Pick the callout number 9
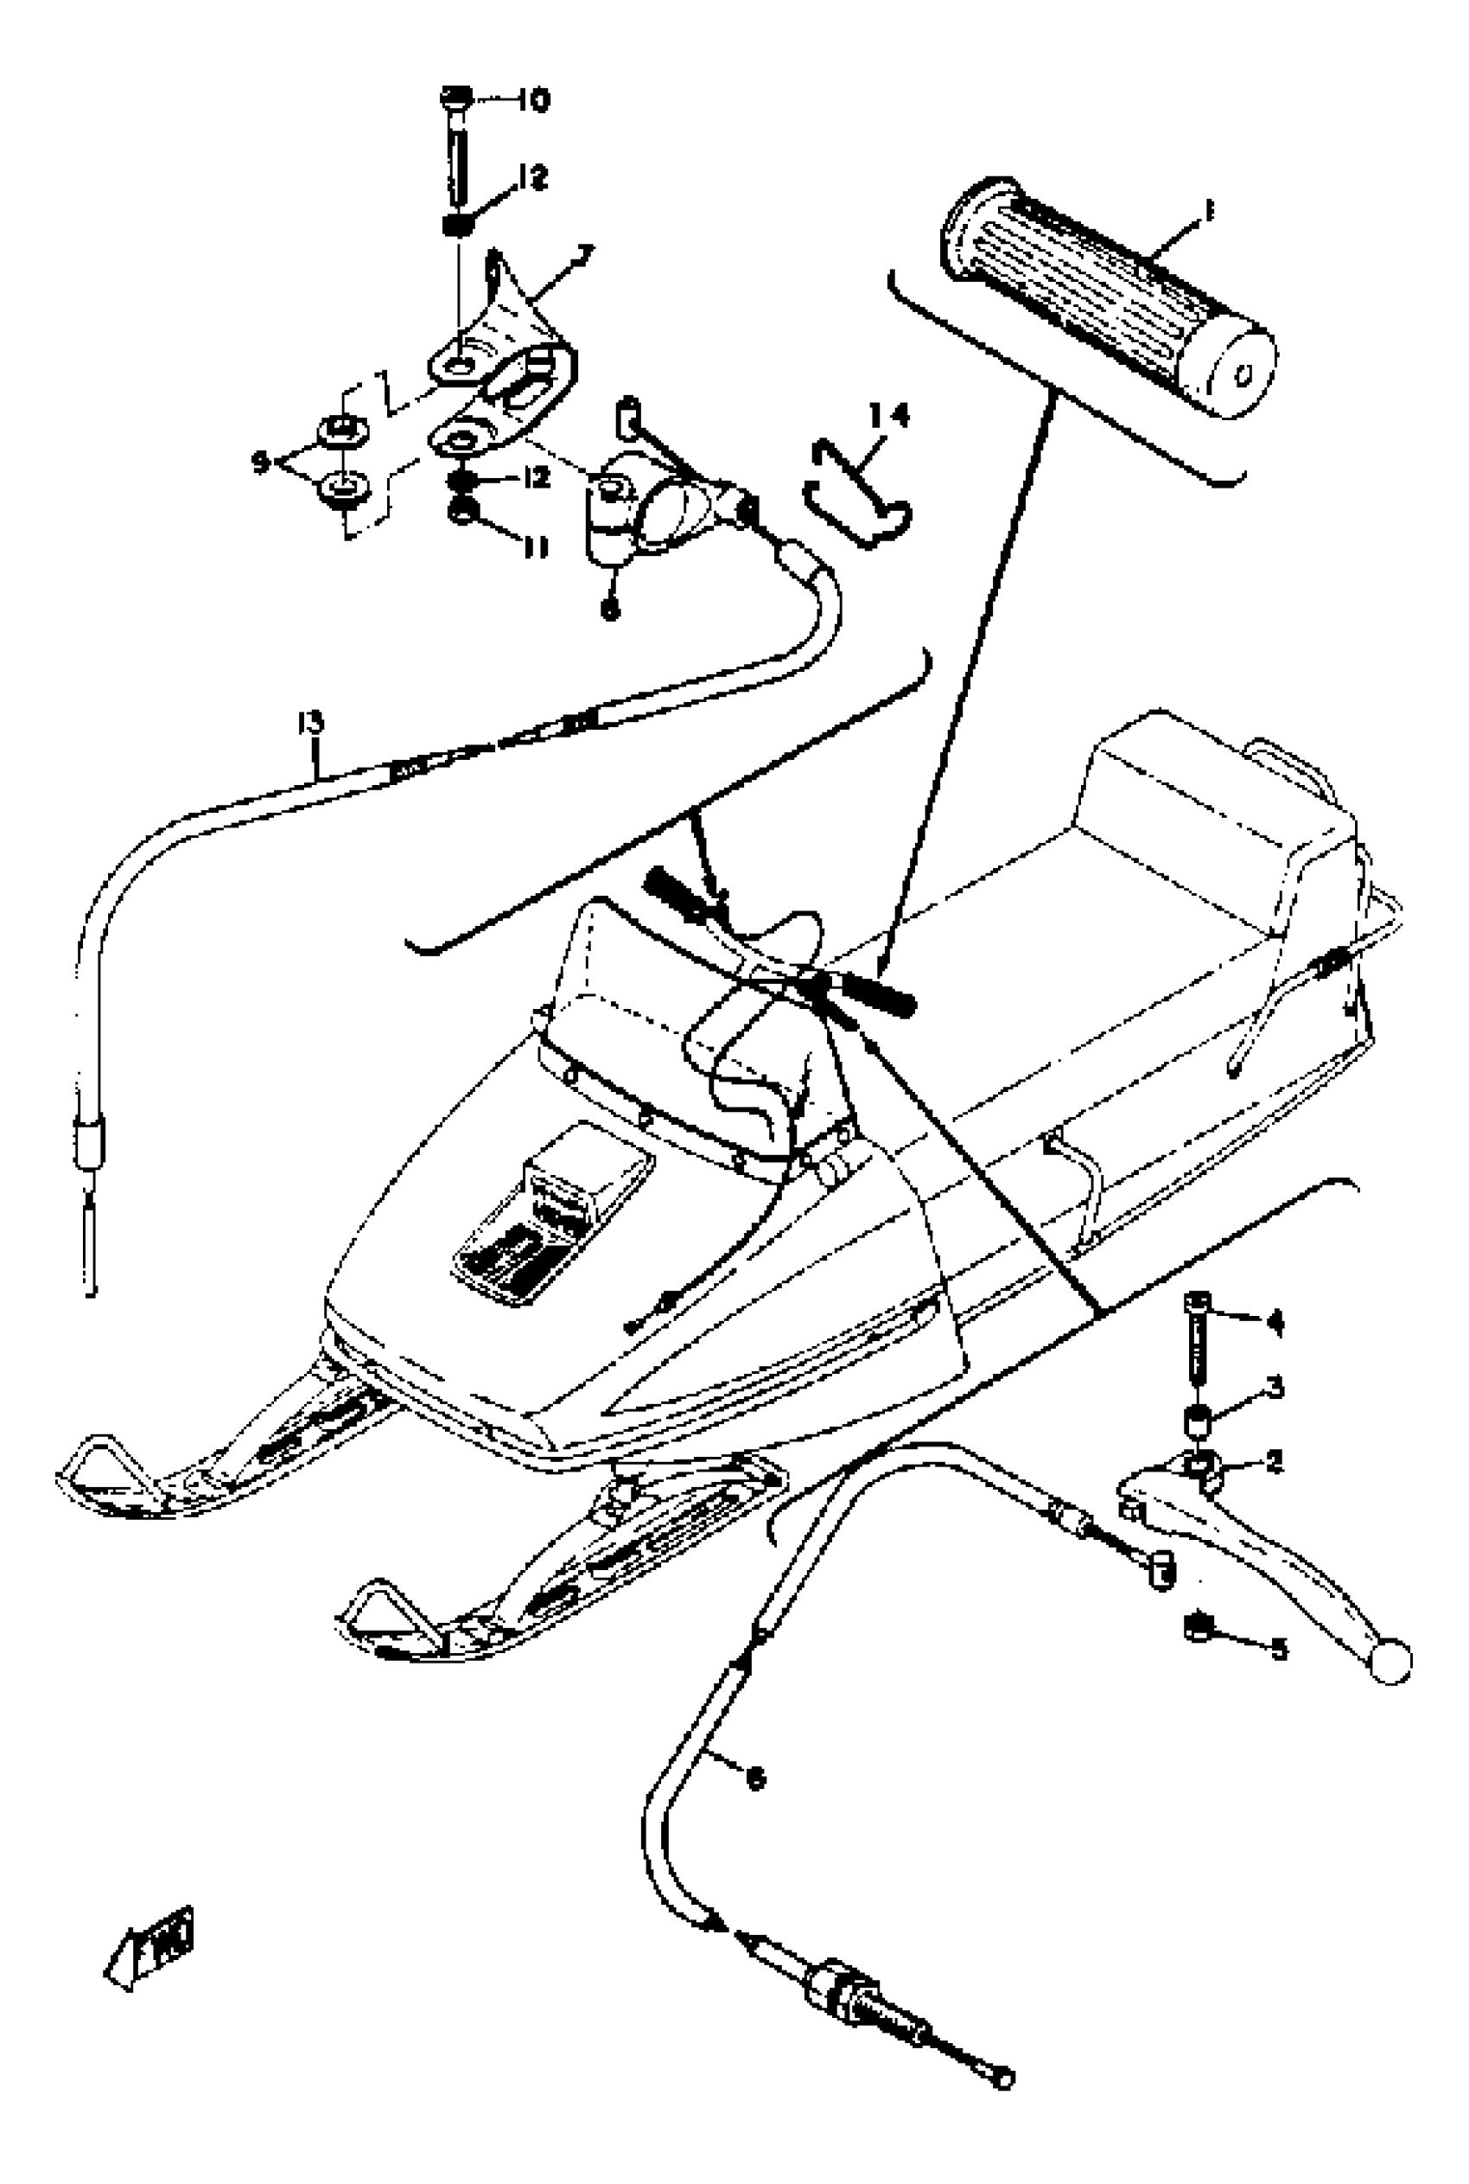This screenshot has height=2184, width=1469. click(261, 460)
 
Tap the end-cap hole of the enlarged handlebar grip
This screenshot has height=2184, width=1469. click(1244, 376)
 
